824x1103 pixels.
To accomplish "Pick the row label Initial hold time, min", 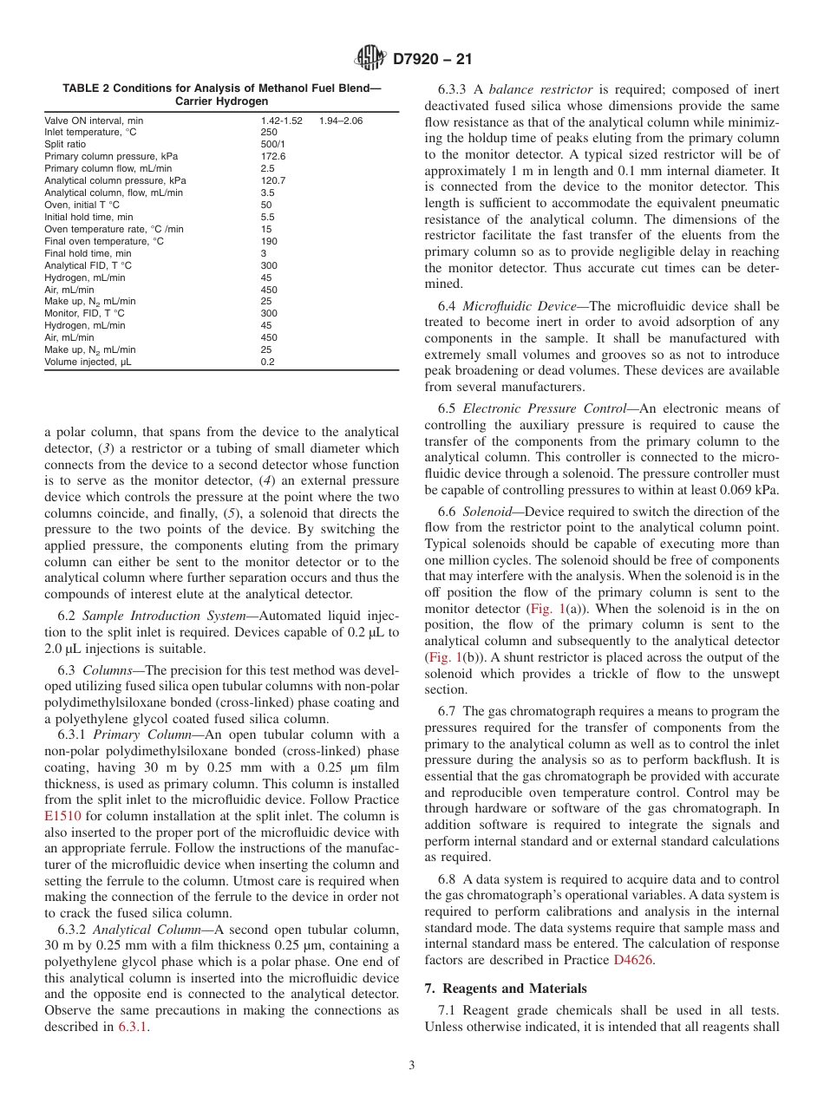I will [x=88, y=217].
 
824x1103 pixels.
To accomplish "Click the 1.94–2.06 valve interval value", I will [x=340, y=121].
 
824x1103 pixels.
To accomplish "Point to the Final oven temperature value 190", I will [x=268, y=241].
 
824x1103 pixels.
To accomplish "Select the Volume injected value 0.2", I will [x=267, y=362].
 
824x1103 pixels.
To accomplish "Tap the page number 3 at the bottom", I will [x=412, y=1065].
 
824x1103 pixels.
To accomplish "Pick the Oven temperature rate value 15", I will [x=265, y=229].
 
